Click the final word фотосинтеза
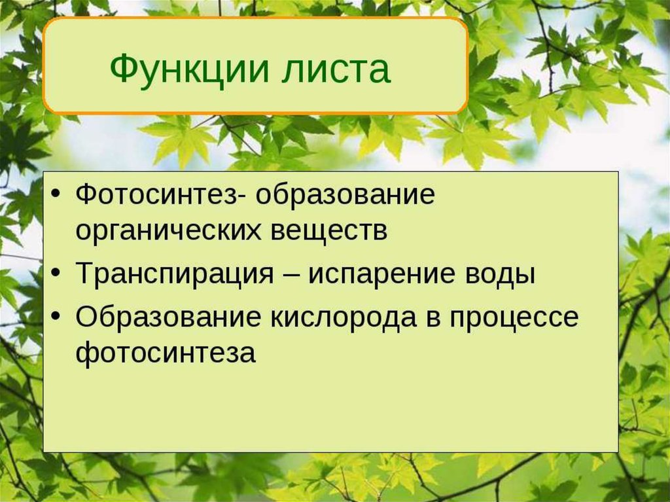(165, 354)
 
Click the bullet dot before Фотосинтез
(57, 196)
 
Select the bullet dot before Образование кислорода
(57, 318)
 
